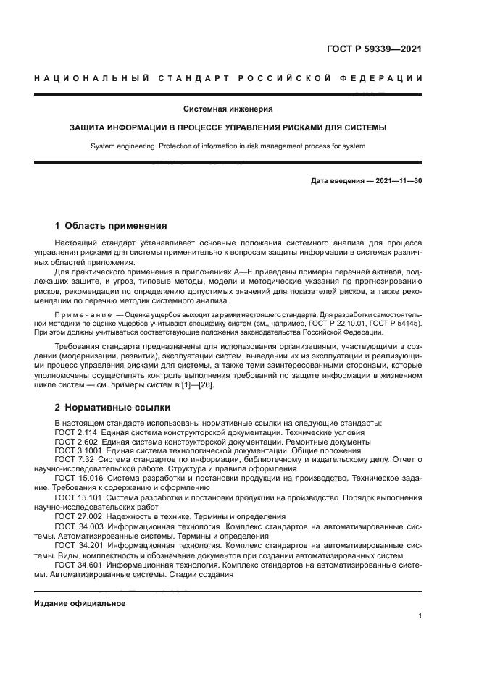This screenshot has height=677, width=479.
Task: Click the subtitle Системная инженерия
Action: [228, 109]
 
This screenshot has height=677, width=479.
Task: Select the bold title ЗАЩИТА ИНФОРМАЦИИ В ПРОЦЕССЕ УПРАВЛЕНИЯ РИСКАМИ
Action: [228, 127]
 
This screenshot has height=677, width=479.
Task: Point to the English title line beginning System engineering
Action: [228, 146]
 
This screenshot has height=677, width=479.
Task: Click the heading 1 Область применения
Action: [111, 226]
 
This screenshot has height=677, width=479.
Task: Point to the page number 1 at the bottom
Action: [420, 615]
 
